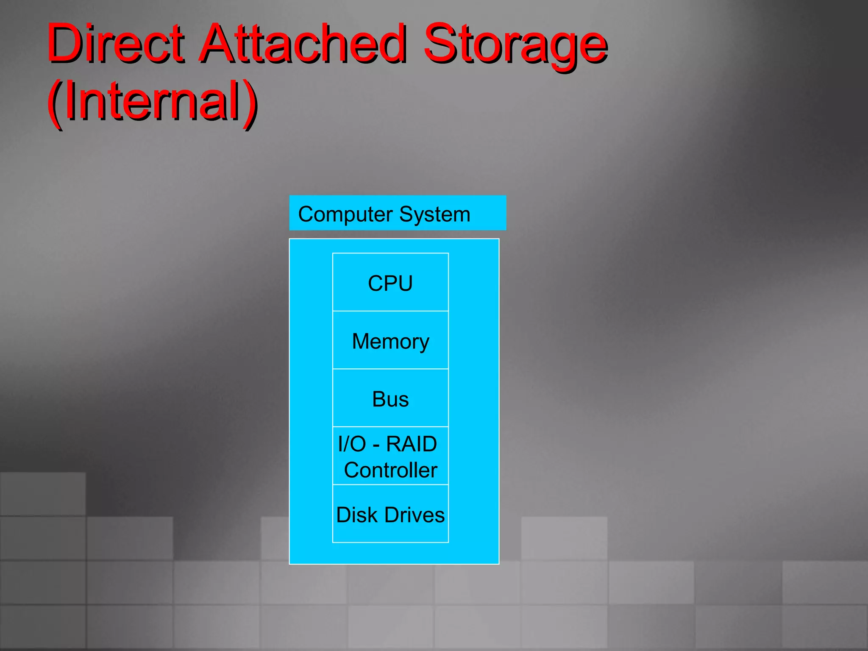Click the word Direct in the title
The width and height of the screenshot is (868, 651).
tap(115, 43)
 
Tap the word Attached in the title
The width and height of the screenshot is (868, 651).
tap(303, 43)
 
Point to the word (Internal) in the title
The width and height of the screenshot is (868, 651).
tap(153, 102)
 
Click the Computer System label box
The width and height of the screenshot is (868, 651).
tap(398, 213)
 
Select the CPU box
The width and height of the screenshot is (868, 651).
tap(390, 283)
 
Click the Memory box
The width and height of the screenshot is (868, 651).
tap(390, 340)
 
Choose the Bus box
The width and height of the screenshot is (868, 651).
tap(390, 398)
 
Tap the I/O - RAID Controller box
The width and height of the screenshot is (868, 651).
tap(390, 456)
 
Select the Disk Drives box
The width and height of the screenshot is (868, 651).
tap(390, 514)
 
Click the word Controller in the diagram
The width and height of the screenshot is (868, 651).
tap(390, 470)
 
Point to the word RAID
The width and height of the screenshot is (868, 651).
tap(411, 444)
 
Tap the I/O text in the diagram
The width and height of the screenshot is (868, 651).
tap(352, 444)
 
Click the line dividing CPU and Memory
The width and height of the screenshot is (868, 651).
tap(390, 311)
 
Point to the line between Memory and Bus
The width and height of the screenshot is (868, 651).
tap(390, 369)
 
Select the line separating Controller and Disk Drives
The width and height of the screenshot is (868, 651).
tap(390, 484)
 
